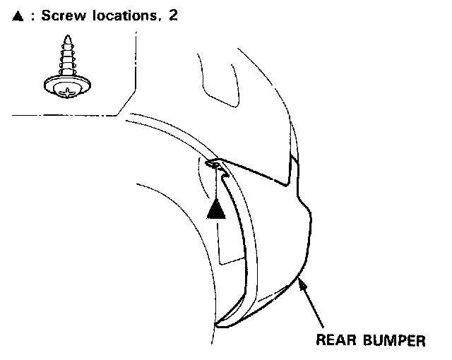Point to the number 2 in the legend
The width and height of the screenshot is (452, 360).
click(x=173, y=16)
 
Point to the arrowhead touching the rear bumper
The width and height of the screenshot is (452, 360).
click(x=301, y=282)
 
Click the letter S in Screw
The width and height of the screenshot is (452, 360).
click(x=45, y=16)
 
